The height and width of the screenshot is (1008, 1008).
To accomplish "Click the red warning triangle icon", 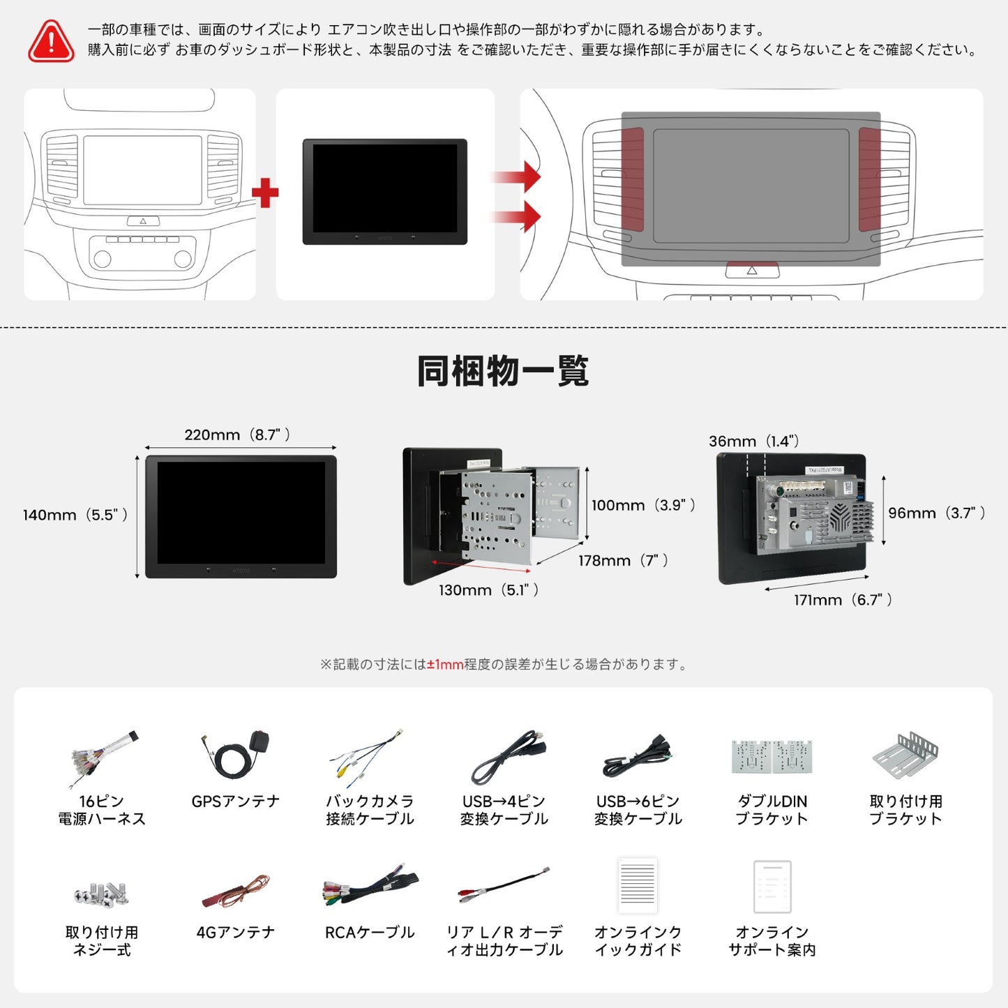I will click(x=51, y=41).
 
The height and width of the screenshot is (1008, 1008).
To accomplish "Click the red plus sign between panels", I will click(x=265, y=193).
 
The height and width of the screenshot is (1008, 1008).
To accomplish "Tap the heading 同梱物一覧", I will click(x=503, y=371).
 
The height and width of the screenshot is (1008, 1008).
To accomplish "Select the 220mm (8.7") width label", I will click(x=237, y=435).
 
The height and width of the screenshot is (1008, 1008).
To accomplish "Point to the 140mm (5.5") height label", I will click(x=75, y=515).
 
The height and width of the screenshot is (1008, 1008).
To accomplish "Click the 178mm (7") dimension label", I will click(x=623, y=560).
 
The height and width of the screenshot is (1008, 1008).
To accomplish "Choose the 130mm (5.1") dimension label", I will click(x=488, y=590).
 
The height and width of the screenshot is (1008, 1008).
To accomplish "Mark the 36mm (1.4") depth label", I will click(x=754, y=441).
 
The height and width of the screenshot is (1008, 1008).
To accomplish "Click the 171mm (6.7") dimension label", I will click(x=843, y=600).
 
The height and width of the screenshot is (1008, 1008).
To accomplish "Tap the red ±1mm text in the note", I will click(x=445, y=665).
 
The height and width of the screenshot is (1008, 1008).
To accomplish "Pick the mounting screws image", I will click(x=102, y=894).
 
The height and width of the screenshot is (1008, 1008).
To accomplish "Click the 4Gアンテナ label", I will click(x=236, y=933).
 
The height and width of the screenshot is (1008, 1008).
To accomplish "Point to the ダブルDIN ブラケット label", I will click(x=772, y=810).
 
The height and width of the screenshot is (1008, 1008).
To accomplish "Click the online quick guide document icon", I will click(x=638, y=886).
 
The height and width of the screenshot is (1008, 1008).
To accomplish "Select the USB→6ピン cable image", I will click(x=637, y=758).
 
